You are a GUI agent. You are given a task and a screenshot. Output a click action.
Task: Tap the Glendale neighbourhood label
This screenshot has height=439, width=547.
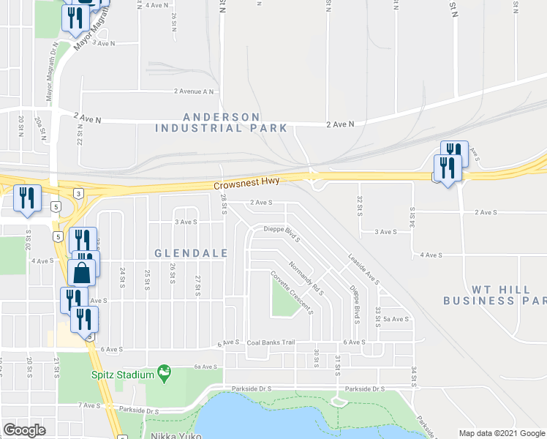(191, 253)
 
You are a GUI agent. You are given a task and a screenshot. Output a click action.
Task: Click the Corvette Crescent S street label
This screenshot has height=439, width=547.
(291, 291)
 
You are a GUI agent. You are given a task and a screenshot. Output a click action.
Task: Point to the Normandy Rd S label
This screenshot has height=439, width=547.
(306, 279)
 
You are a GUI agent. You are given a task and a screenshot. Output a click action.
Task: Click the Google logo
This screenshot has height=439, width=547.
(24, 430)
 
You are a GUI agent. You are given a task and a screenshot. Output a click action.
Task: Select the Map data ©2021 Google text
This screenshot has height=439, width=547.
(501, 433)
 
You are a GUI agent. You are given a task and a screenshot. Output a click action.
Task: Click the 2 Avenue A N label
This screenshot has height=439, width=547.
(194, 91)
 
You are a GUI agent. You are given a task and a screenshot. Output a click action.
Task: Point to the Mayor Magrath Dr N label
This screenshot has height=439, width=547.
(50, 72)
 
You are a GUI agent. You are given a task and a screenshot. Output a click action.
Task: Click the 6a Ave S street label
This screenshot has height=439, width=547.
(207, 367)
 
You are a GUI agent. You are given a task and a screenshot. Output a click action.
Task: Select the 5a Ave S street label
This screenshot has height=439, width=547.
(395, 319)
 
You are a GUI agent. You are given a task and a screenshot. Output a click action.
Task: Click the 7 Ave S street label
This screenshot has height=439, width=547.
(88, 405)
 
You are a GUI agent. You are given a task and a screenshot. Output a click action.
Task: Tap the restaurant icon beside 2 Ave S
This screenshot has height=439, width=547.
(28, 199)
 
